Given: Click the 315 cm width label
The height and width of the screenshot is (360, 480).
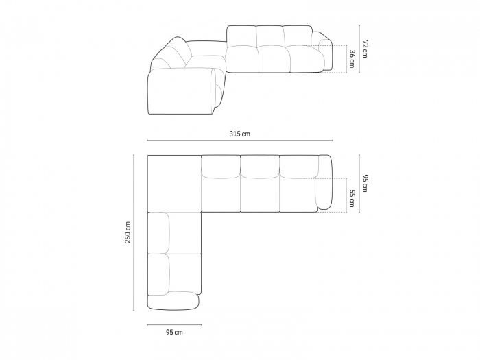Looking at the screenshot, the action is tap(240, 134).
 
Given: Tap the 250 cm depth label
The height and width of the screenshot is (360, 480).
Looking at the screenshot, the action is tap(128, 232).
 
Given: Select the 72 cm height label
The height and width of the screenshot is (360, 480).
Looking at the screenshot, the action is tap(365, 49).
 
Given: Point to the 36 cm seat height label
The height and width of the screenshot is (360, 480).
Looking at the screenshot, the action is tap(352, 59).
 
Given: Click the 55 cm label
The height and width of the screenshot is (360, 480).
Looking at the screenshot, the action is tap(352, 198).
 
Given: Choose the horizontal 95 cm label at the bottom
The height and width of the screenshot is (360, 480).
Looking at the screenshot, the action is tap(174, 332).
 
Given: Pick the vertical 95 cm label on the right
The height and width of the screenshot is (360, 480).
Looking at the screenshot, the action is tap(365, 183).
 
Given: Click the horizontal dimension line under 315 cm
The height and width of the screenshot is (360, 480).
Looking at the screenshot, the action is tap(240, 141).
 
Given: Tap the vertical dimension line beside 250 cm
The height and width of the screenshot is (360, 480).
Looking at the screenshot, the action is tap(134, 232).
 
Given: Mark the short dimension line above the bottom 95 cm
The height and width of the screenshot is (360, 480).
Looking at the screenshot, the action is tap(174, 324).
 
